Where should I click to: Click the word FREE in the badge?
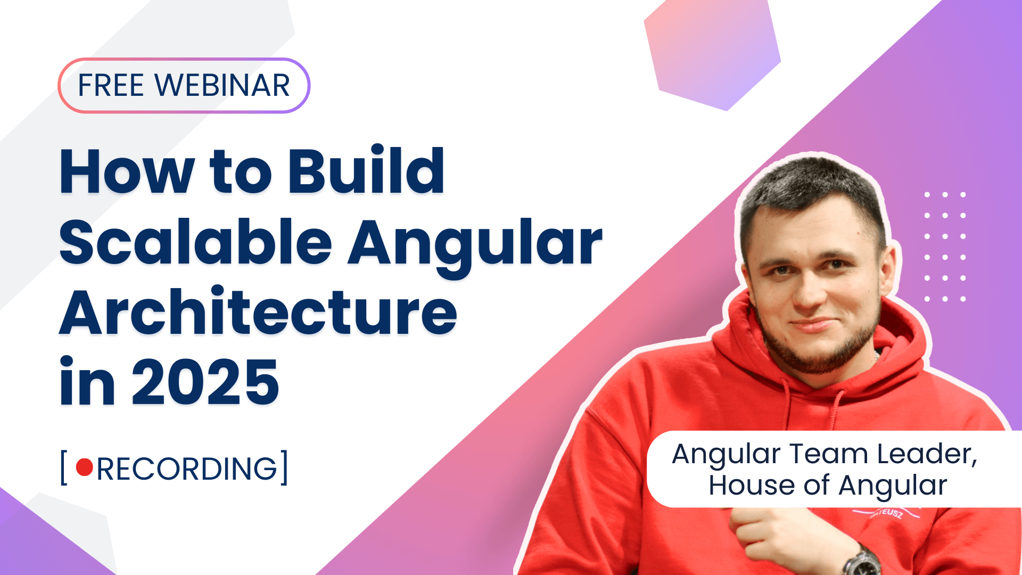pos(111,86)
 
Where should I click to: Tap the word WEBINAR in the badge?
pos(222,86)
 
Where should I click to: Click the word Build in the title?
pos(366,171)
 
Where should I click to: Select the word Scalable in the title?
pos(195,243)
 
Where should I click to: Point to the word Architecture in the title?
pos(258,313)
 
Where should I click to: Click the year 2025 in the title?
pos(205,382)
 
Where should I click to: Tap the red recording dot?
pos(85,467)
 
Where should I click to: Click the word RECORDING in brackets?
pos(187,469)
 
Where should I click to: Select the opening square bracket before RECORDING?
pos(64,468)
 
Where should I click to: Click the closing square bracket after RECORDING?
pos(284,468)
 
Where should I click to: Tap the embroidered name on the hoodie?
pos(887,513)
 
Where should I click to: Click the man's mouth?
pos(814,324)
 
